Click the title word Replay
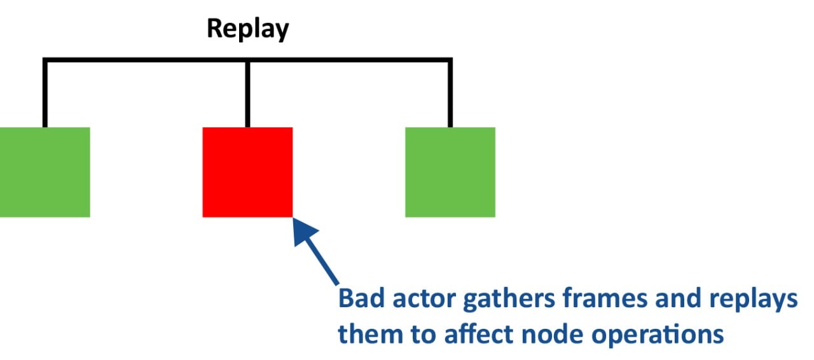coord(247,29)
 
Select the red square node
coord(247,172)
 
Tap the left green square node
coord(45,172)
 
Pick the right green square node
coord(450,172)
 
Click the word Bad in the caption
coord(357,299)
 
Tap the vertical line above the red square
coord(247,95)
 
